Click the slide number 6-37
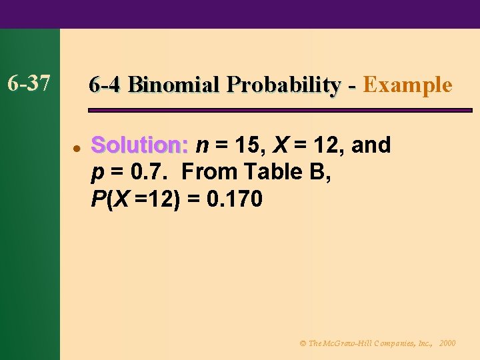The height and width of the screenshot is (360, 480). pos(28,83)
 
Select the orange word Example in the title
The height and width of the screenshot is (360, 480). pos(408,85)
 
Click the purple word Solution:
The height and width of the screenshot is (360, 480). pos(141,145)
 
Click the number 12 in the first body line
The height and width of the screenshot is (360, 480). pos(325,145)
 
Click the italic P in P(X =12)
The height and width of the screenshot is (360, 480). pos(97,199)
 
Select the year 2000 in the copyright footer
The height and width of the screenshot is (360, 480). pos(448,343)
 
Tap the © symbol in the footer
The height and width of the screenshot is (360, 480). pos(303,343)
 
